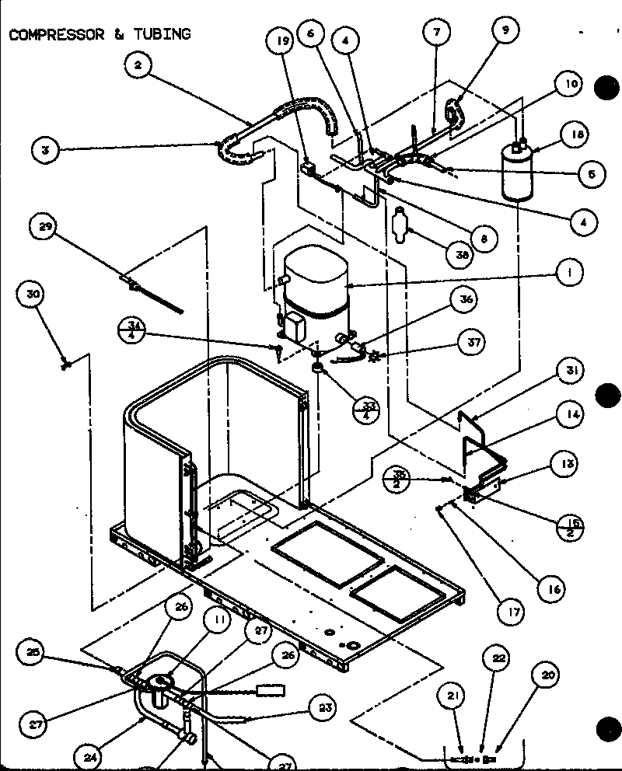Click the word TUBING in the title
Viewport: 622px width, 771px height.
coord(161,34)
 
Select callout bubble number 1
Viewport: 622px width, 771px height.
coord(571,273)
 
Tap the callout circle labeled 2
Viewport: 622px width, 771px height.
coord(138,66)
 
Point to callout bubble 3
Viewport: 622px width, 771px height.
coord(47,150)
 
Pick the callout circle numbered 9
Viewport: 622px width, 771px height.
coord(505,32)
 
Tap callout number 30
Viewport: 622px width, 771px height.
coord(33,295)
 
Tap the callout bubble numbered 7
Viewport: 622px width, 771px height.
coord(437,32)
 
